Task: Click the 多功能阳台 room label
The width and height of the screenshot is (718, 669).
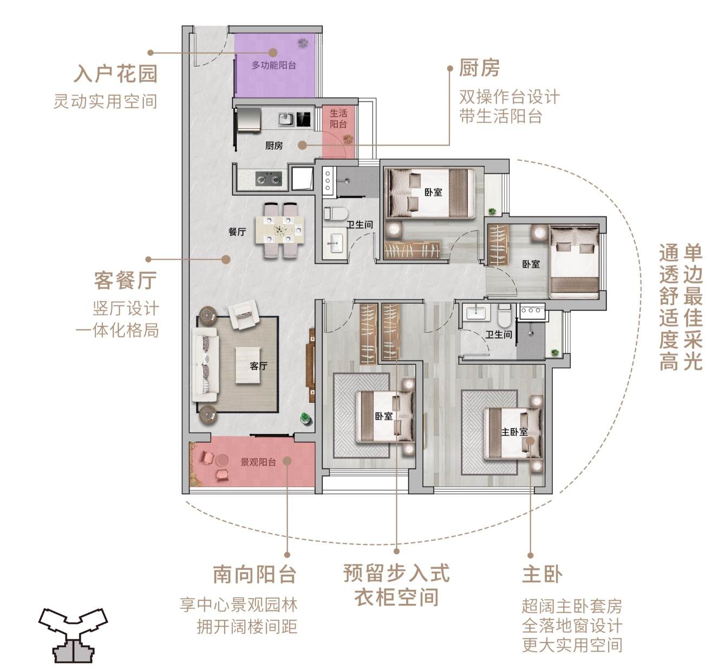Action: tap(273, 65)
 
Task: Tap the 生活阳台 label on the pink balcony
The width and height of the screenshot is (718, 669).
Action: tap(338, 119)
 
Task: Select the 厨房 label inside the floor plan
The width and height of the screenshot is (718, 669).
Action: tap(273, 146)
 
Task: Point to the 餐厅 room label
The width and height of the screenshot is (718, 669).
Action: tap(237, 232)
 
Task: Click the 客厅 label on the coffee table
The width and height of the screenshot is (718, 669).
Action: tap(258, 366)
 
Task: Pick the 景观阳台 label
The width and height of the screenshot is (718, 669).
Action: tap(258, 462)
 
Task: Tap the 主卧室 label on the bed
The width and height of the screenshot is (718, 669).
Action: tap(514, 431)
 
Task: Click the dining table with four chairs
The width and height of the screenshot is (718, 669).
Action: tap(280, 230)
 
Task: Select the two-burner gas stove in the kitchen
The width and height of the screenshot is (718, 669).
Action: tap(269, 179)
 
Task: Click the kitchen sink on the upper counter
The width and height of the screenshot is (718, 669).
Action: tap(286, 119)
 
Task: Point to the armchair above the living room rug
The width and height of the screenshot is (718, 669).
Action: tap(243, 315)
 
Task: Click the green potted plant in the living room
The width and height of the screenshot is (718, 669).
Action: tap(305, 418)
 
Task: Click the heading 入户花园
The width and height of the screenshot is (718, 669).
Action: tap(116, 74)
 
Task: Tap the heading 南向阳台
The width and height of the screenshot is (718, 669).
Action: tap(255, 574)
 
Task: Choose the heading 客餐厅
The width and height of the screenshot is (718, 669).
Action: tap(126, 280)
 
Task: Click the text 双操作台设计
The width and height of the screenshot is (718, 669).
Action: tap(510, 97)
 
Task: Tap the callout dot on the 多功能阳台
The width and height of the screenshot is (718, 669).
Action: tap(273, 53)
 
